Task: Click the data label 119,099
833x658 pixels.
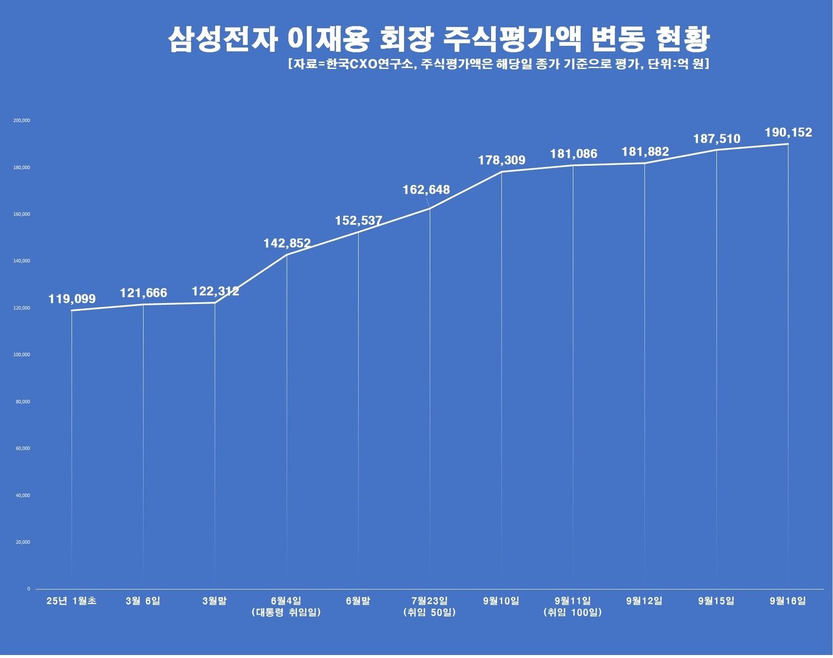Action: coord(72,299)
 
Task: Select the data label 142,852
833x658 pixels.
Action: coord(287,243)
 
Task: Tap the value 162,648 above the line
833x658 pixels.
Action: coord(426,190)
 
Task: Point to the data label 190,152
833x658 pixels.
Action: coord(788,133)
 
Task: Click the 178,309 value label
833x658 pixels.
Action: coord(502,160)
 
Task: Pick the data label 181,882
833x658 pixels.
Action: coord(645,152)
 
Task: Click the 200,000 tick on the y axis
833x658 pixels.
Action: coord(21,121)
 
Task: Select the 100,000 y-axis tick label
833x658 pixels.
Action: coord(21,355)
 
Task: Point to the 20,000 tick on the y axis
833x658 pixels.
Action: coord(23,542)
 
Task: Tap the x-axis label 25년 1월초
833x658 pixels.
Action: coord(71,601)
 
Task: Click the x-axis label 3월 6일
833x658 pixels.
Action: coord(143,601)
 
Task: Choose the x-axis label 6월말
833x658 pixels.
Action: coord(358,601)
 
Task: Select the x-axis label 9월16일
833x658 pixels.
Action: coord(787,601)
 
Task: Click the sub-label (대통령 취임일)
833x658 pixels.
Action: coord(286,613)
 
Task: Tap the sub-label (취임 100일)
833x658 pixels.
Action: coord(572,613)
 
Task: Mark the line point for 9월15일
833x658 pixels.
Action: coord(716,150)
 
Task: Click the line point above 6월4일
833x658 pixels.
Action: coord(287,255)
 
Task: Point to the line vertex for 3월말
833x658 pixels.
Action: coord(215,303)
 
